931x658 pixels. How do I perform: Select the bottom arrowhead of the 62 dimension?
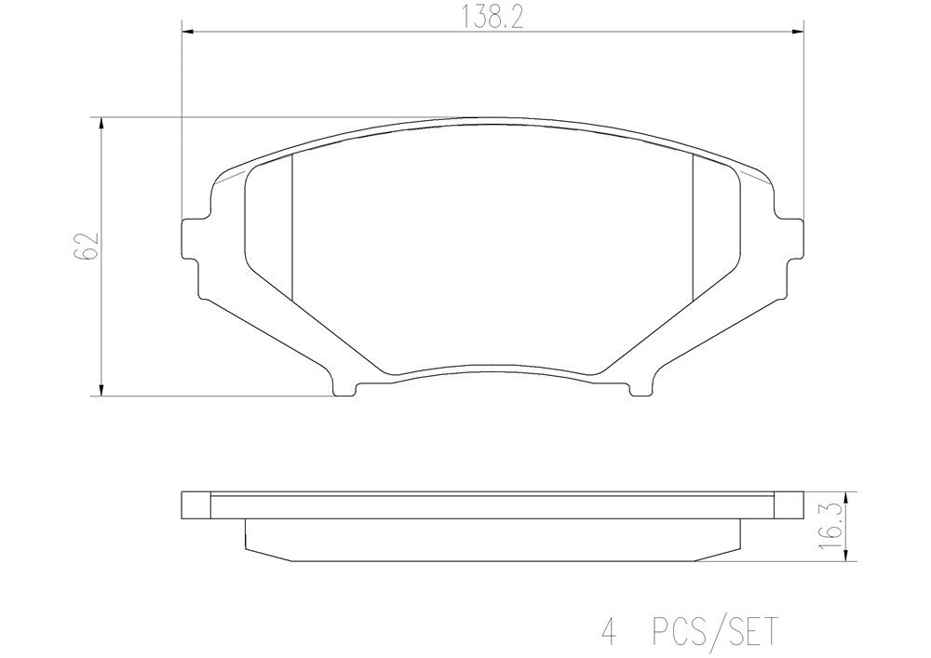tap(101, 391)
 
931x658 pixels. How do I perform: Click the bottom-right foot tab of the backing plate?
tap(640, 387)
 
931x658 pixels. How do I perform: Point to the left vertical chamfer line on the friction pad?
tap(292, 228)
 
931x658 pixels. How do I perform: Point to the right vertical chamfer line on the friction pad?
tap(694, 228)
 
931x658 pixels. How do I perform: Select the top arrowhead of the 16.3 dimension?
tap(844, 496)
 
